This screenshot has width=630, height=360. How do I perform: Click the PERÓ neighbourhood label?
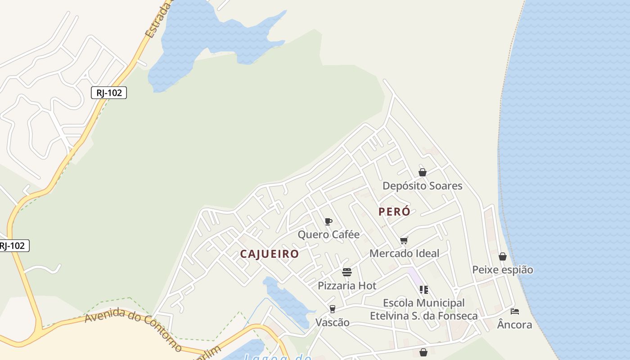394,211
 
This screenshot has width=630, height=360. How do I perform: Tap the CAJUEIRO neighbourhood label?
269,254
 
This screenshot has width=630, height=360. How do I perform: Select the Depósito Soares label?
422,186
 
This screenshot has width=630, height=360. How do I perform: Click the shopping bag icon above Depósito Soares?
423,172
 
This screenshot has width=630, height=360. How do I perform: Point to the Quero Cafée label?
328,234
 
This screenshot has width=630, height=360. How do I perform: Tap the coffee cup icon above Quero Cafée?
328,221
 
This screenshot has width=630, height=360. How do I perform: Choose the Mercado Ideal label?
404,253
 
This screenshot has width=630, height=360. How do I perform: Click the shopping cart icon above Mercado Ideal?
404,241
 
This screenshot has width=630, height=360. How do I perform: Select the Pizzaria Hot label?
347,285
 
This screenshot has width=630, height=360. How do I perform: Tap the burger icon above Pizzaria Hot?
346,272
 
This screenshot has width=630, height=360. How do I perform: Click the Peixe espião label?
502,270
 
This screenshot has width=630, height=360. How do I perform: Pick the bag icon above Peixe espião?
503,256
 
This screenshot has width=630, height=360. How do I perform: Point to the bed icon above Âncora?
515,311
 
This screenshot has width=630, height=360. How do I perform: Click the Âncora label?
514,324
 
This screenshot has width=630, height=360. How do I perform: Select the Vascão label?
332,322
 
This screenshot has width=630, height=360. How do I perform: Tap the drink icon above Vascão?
332,309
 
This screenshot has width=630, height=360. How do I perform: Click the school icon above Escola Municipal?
423,290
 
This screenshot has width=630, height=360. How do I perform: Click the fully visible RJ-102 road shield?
109,93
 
